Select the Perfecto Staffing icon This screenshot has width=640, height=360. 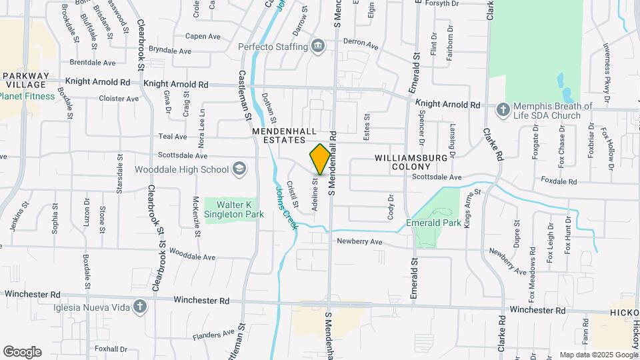[319, 46]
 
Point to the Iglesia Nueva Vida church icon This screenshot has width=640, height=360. [139, 307]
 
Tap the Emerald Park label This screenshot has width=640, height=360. [433, 223]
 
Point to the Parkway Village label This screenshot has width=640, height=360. [26, 80]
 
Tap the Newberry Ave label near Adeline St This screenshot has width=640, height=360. [359, 241]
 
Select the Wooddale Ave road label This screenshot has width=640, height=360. [192, 255]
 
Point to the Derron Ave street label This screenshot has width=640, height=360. [360, 44]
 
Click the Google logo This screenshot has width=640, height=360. [22, 352]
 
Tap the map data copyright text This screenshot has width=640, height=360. [598, 355]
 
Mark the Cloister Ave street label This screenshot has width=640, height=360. [119, 98]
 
